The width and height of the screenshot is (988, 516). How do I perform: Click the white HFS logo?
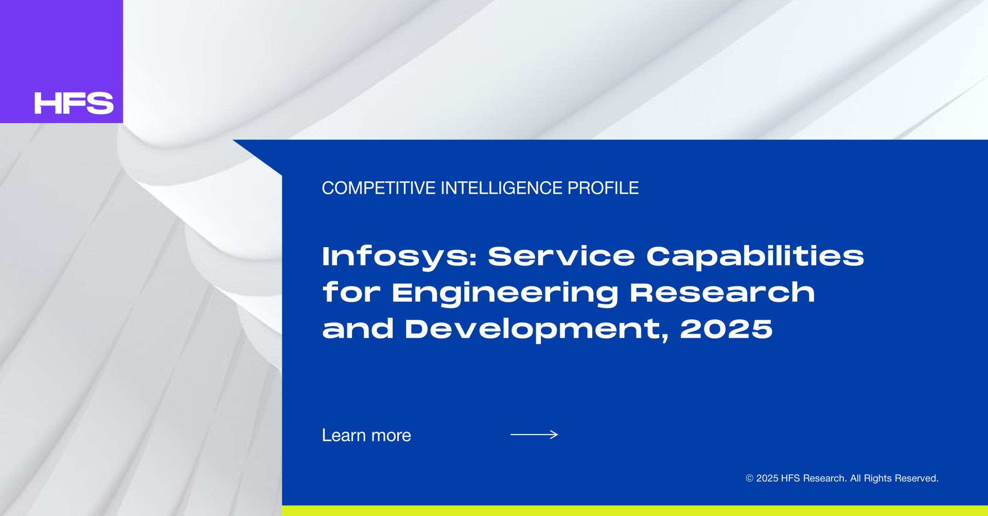click(74, 103)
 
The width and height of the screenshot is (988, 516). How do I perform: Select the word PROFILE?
click(603, 188)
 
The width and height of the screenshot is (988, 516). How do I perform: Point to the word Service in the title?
click(561, 256)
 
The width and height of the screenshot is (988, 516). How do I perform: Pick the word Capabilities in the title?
click(755, 257)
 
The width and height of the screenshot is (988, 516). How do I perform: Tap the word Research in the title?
click(722, 292)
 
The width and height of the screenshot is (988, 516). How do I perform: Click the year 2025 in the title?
click(727, 329)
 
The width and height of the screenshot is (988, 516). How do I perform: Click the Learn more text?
click(366, 435)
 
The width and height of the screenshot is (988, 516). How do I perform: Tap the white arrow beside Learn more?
click(534, 435)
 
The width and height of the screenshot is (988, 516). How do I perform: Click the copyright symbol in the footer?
click(750, 478)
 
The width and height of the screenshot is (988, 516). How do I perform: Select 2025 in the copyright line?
click(767, 478)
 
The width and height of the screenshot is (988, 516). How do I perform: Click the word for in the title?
click(351, 292)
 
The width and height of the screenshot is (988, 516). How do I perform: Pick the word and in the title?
click(358, 329)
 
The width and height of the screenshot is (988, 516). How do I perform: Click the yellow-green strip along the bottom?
click(635, 511)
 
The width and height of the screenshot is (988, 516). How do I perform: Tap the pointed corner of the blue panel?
click(234, 140)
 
